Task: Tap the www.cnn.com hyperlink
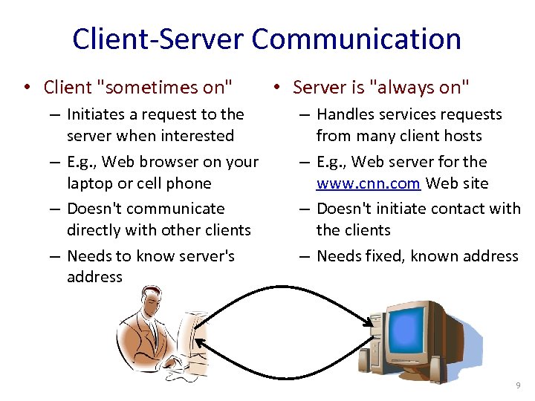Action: click(368, 183)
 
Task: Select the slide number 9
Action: click(518, 385)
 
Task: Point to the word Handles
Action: click(347, 114)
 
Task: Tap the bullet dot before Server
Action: click(275, 88)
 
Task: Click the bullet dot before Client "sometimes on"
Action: click(26, 88)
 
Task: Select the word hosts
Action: click(463, 136)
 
